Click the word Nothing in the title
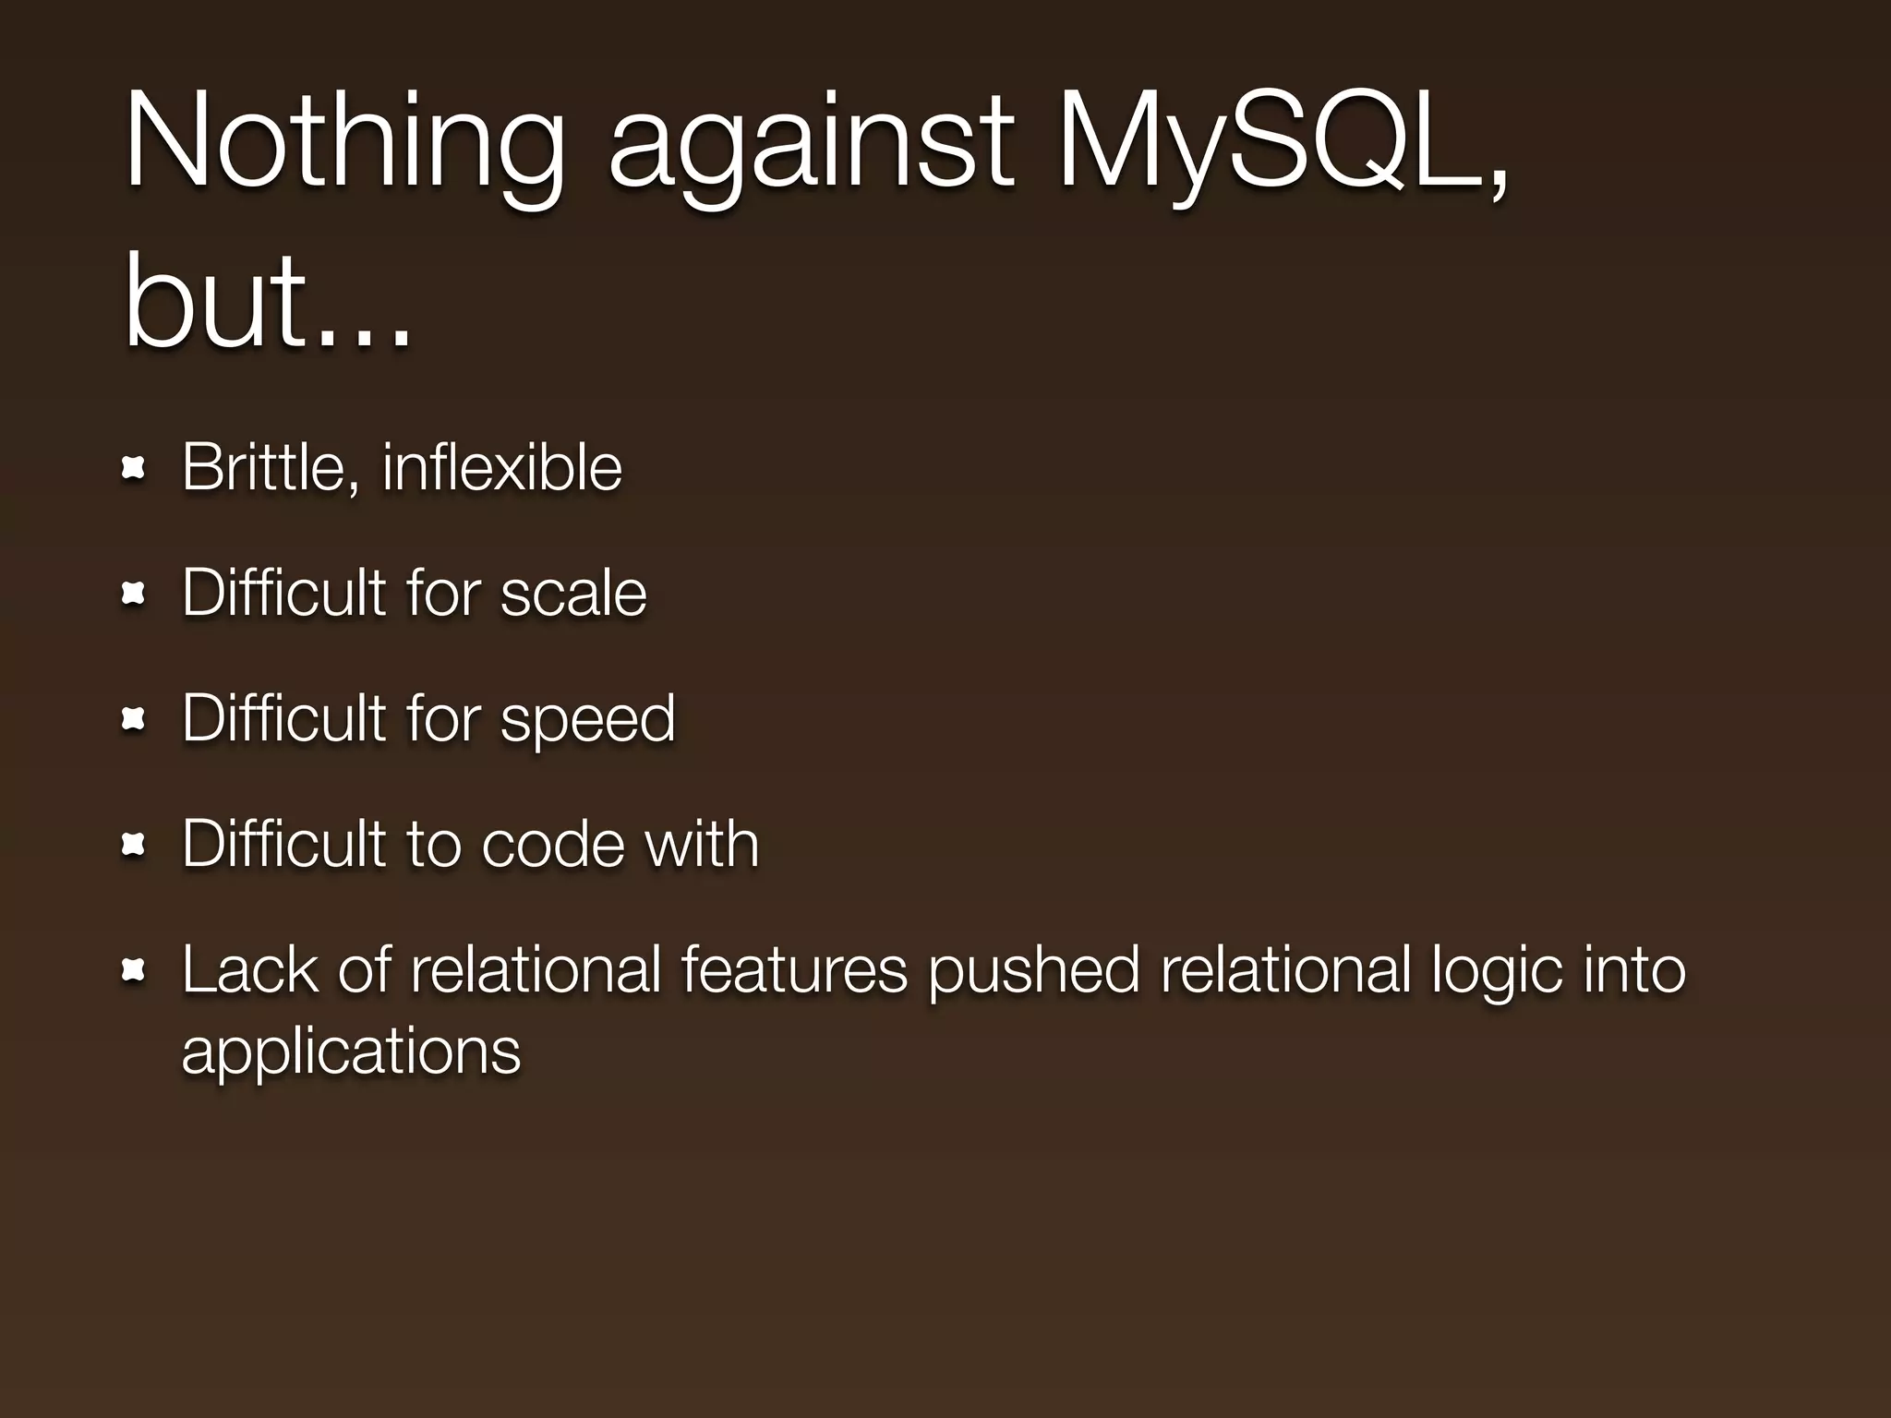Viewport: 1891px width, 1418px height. click(x=343, y=143)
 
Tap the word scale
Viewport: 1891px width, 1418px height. click(x=572, y=593)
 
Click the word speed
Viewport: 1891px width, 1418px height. click(x=587, y=720)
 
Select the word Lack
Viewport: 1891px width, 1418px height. click(x=248, y=969)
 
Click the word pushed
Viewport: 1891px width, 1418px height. click(x=1033, y=969)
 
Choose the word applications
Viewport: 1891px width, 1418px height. click(x=351, y=1052)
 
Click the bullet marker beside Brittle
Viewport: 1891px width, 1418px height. click(x=134, y=470)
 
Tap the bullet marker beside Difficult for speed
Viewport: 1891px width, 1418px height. click(x=134, y=719)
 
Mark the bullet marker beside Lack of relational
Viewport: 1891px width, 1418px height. click(x=134, y=970)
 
